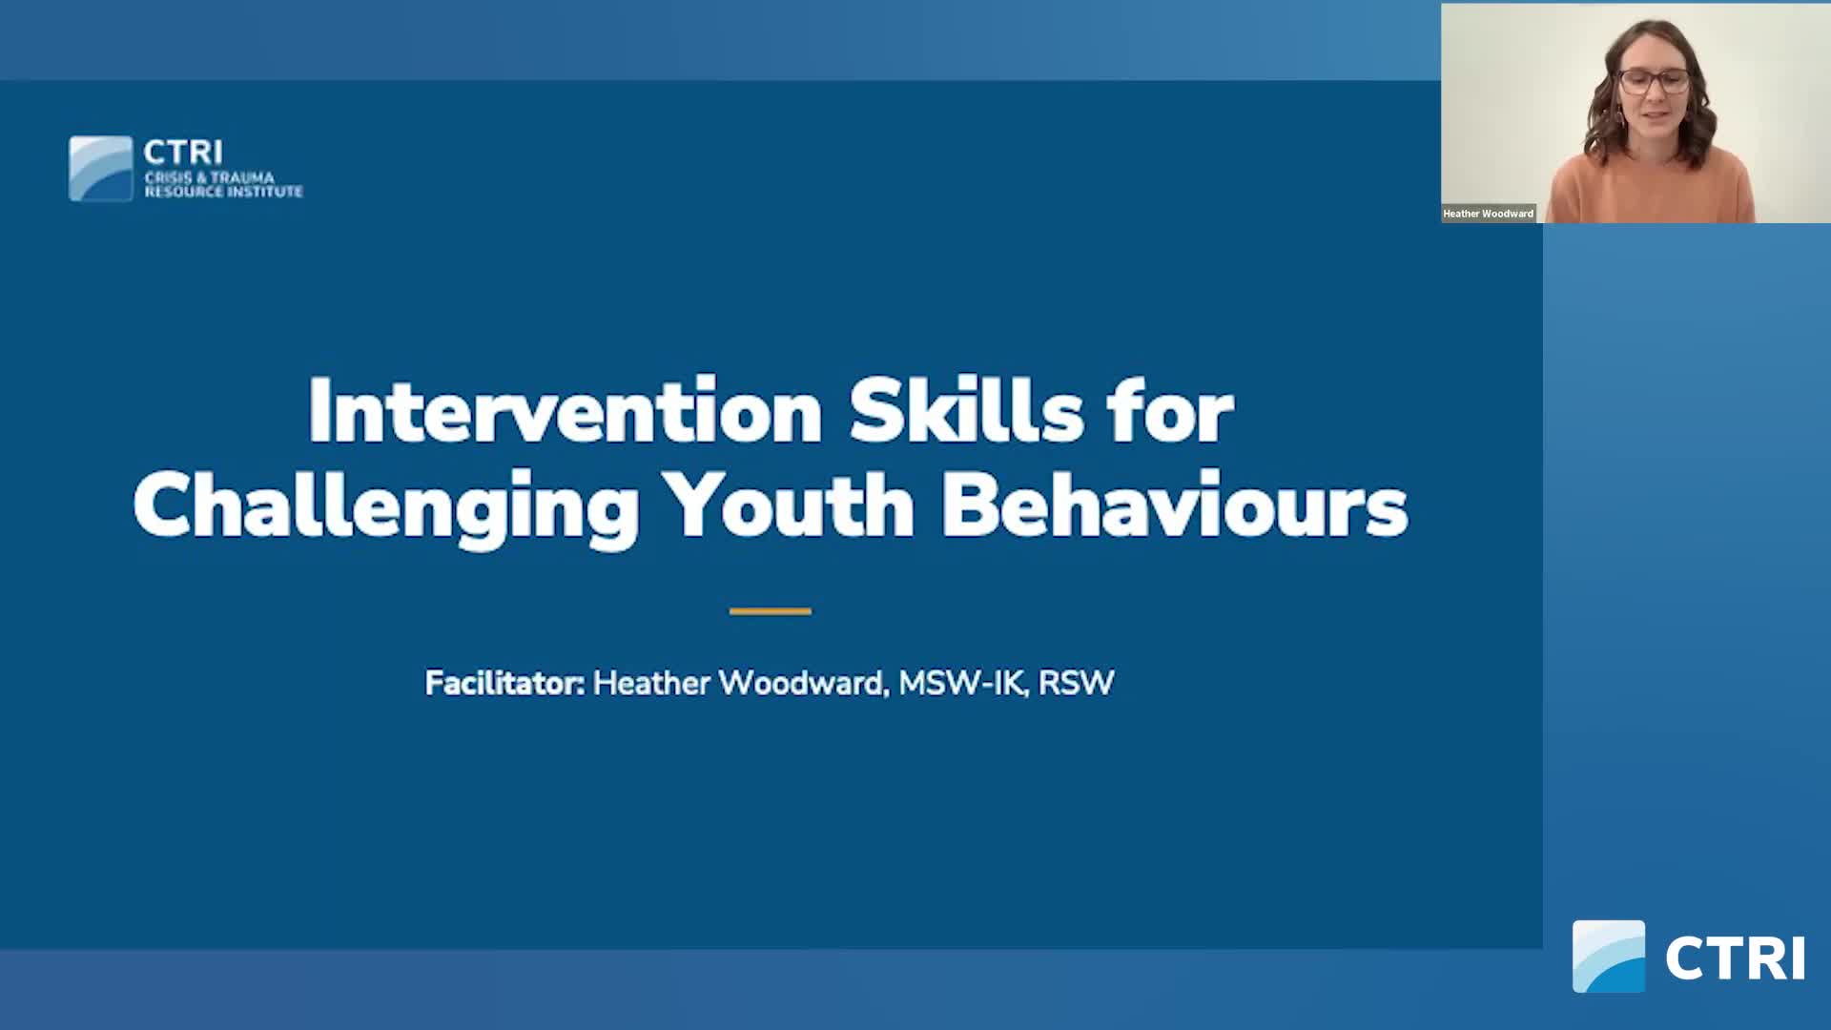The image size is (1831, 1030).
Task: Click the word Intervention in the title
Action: click(565, 412)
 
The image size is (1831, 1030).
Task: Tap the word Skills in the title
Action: click(966, 412)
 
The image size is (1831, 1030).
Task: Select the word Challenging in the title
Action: click(385, 506)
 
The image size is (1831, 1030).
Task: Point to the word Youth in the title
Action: click(790, 506)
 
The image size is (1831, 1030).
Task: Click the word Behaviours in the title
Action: click(1174, 506)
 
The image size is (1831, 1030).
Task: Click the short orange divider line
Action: click(770, 611)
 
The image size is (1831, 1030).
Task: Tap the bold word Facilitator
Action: click(504, 683)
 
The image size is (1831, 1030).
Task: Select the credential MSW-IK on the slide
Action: click(959, 683)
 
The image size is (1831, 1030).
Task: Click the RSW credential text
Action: click(1076, 683)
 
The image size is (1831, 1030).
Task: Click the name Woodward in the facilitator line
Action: click(801, 683)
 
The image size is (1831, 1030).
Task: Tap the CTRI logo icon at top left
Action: click(101, 169)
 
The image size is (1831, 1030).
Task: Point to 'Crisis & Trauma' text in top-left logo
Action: click(209, 177)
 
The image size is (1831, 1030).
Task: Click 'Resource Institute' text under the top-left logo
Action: click(223, 192)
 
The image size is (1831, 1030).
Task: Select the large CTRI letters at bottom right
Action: click(1735, 958)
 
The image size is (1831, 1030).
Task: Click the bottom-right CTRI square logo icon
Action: click(1608, 957)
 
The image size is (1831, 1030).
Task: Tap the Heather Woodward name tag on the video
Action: click(1488, 214)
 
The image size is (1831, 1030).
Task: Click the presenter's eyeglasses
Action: click(1654, 81)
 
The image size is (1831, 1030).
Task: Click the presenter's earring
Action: click(1618, 121)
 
